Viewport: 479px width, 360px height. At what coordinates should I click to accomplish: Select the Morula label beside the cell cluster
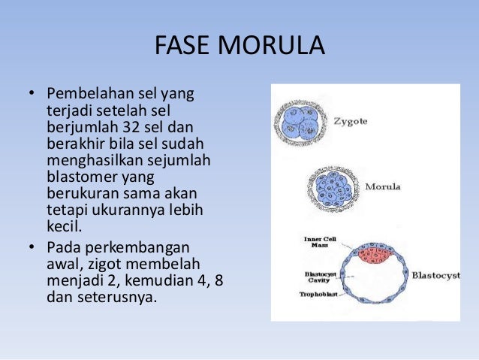point(383,186)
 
